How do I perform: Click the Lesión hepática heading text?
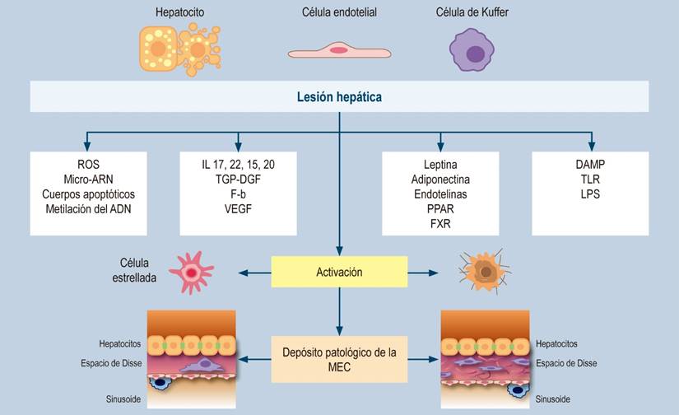tap(339, 97)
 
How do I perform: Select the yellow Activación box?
tap(339, 272)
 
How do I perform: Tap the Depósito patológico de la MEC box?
tap(339, 359)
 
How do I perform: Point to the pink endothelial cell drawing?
tap(339, 50)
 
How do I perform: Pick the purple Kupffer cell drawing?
tap(474, 51)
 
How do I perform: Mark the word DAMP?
tap(591, 165)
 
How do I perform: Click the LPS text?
tap(591, 194)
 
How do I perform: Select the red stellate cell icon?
tap(191, 272)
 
